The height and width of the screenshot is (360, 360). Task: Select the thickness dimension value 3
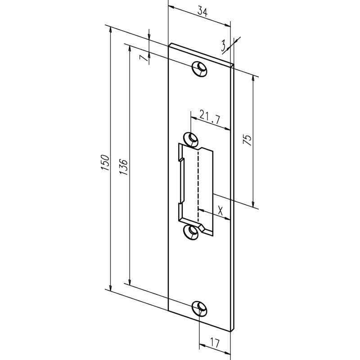point(223,45)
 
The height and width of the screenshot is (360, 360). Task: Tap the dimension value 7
point(143,59)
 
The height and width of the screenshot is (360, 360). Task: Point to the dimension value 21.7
point(209,118)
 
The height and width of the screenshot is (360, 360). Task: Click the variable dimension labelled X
point(220,209)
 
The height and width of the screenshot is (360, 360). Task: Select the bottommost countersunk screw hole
point(199,307)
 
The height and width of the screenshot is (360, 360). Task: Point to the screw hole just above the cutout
point(192,138)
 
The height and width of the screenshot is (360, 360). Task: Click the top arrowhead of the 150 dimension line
point(109,28)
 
